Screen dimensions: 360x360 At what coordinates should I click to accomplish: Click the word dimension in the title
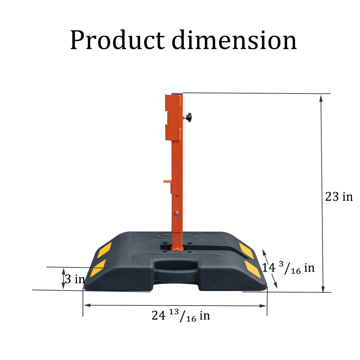(x=234, y=40)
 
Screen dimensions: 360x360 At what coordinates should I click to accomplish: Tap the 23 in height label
(x=339, y=197)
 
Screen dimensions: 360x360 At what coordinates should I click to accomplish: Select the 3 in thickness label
(x=74, y=279)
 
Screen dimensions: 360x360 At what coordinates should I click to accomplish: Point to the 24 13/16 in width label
(x=181, y=316)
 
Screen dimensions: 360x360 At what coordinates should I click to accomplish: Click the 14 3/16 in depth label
(x=288, y=268)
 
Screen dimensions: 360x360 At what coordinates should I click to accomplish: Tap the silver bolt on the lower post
(x=177, y=212)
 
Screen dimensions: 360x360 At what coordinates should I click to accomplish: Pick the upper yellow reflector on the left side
(x=104, y=250)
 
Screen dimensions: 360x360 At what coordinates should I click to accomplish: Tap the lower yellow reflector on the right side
(x=253, y=269)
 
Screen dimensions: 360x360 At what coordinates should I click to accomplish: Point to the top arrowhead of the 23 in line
(x=321, y=98)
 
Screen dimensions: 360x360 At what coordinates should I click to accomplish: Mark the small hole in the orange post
(x=177, y=196)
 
